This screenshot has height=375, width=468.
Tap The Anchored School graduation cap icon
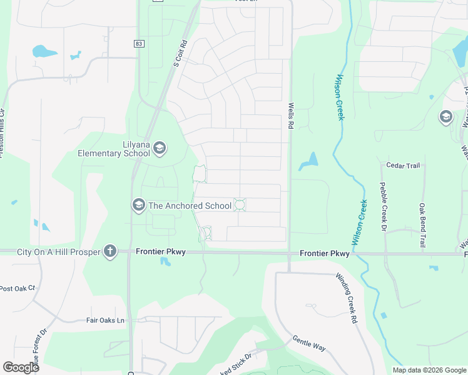(138, 205)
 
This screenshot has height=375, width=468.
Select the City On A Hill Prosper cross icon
(110, 251)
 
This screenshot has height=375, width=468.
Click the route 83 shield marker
(138, 43)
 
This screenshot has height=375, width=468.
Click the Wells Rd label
(291, 116)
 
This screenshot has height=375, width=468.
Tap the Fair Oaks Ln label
(106, 320)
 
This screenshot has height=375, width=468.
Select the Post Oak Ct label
(18, 288)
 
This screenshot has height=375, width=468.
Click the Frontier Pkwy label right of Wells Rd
(324, 254)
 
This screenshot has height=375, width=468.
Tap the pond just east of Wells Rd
(308, 162)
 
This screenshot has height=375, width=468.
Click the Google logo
(21, 367)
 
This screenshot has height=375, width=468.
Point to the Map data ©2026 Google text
(429, 370)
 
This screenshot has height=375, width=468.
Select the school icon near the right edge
(445, 117)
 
